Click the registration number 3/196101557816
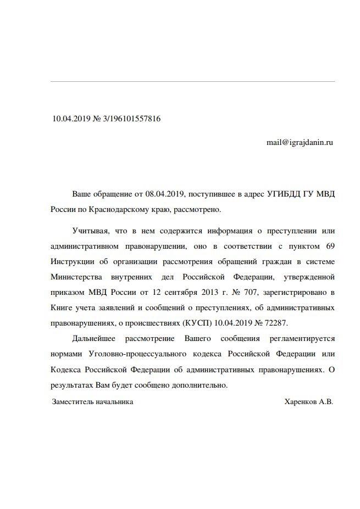point(128,119)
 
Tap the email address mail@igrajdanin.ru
point(300,142)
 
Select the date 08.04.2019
point(165,194)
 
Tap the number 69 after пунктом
point(330,245)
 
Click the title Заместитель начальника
point(92,402)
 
